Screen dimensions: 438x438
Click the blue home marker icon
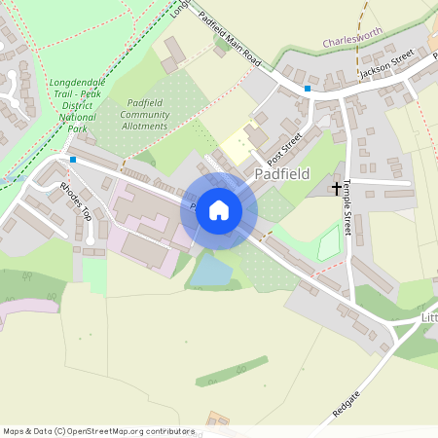tap(219, 210)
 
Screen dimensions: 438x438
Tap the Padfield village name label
tap(281, 174)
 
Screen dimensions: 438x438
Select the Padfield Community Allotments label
tap(145, 114)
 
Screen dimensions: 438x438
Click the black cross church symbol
tap(337, 187)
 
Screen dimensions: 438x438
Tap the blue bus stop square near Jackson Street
tap(308, 89)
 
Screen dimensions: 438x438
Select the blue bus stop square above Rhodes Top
tap(72, 160)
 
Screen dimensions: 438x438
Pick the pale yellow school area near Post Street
tap(238, 148)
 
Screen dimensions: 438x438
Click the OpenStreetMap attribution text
tap(97, 430)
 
